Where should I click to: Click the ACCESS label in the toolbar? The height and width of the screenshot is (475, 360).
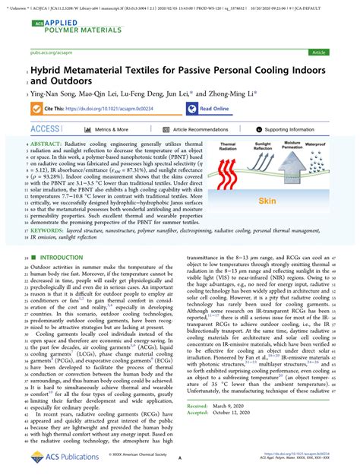point(45,130)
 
